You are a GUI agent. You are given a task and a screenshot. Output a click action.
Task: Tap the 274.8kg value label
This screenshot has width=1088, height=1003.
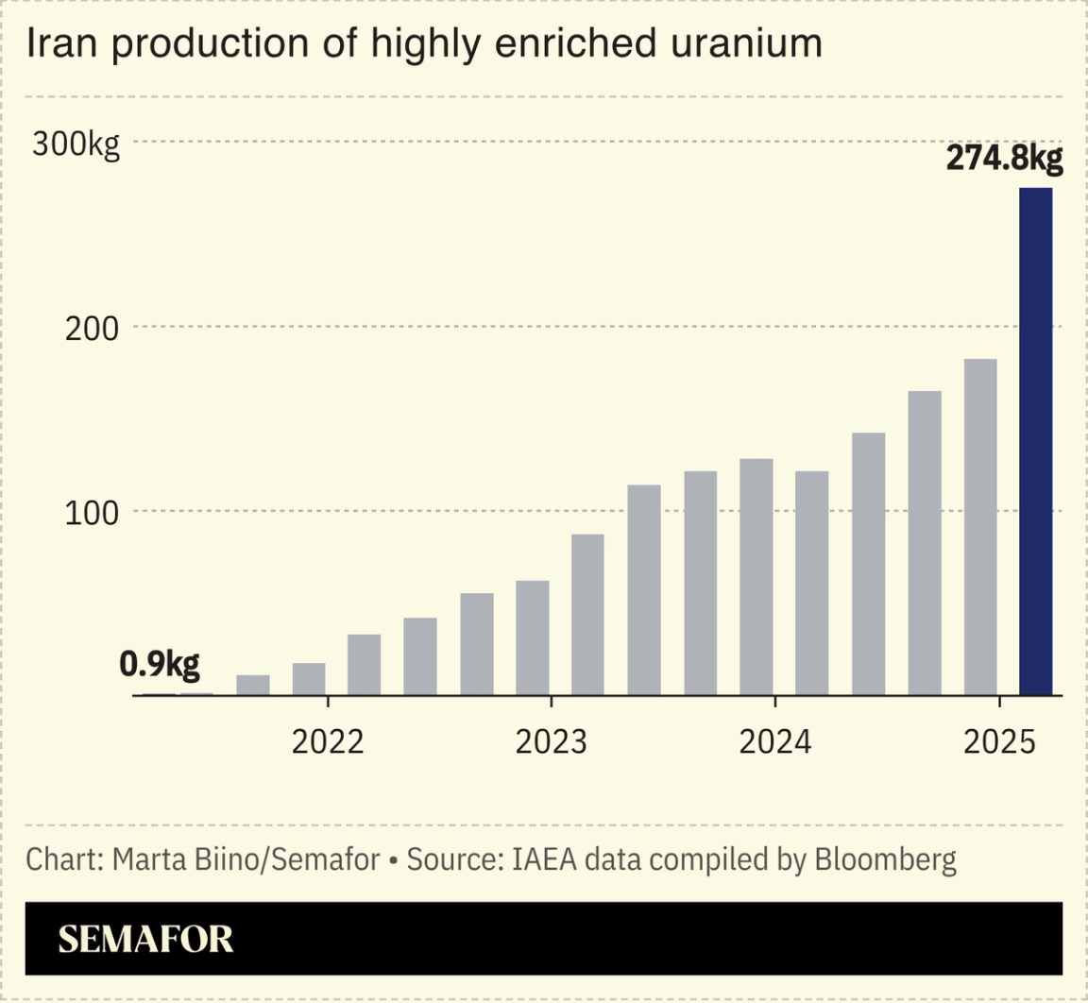click(1004, 159)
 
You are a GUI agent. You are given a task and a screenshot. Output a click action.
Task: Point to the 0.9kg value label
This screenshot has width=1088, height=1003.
click(160, 665)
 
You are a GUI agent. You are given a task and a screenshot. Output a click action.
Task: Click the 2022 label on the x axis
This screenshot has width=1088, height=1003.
click(328, 742)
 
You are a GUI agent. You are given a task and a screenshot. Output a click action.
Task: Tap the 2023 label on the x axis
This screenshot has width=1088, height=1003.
click(551, 742)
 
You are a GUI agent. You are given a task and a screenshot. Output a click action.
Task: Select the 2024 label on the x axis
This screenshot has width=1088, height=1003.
click(774, 742)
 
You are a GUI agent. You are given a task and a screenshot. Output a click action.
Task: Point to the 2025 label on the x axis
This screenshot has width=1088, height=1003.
click(999, 742)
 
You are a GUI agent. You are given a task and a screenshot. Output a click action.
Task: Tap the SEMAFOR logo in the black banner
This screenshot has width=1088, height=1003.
click(145, 939)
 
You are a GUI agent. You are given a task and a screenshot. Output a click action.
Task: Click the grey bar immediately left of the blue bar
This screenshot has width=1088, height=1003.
click(980, 527)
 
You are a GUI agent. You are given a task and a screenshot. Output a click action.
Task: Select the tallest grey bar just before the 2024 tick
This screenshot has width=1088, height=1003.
click(756, 577)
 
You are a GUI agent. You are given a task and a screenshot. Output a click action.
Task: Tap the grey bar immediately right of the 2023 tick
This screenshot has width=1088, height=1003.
click(587, 615)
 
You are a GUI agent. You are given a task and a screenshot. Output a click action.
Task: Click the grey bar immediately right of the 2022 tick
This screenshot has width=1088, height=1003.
click(364, 665)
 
